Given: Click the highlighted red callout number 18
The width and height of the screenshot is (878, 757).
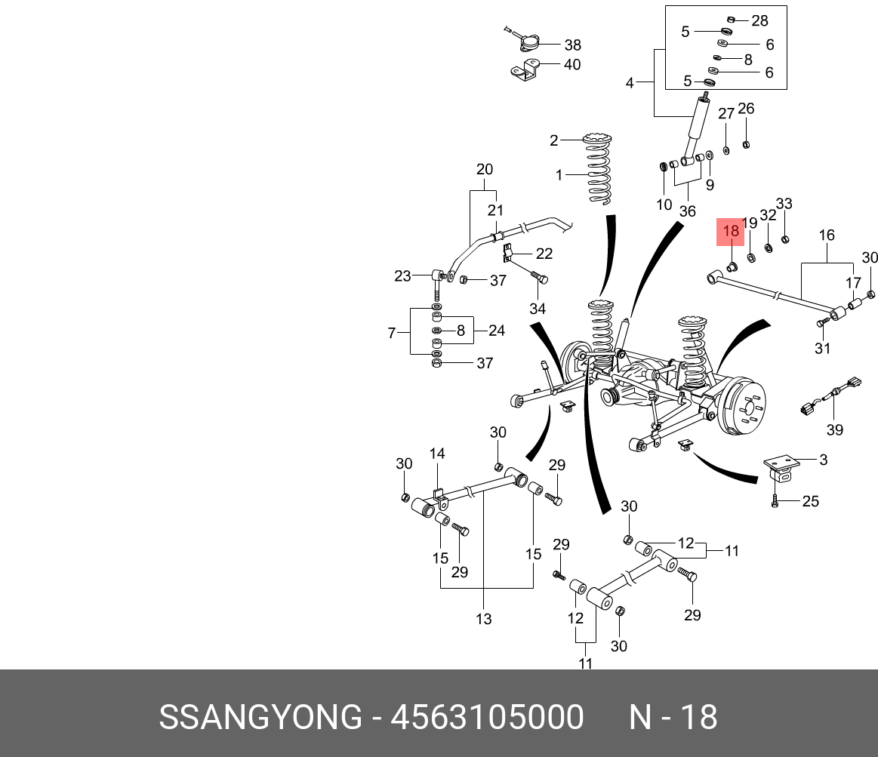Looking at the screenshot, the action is (x=731, y=232).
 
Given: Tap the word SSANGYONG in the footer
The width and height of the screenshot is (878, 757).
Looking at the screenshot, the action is (x=260, y=717).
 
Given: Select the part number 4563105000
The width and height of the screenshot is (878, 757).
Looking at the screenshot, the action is (x=487, y=717).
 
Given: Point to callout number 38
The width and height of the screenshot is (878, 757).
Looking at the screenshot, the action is (x=573, y=45).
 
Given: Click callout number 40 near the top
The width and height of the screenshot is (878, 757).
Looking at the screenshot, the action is (x=572, y=65).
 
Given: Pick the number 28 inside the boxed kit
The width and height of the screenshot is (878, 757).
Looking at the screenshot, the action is (x=759, y=20).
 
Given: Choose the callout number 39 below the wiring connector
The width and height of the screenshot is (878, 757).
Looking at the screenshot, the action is (x=834, y=429).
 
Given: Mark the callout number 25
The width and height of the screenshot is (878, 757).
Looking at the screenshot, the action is (x=810, y=501).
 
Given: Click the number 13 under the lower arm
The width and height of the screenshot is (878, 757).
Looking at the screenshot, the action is (x=483, y=619).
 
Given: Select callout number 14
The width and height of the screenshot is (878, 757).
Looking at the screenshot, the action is (x=437, y=454).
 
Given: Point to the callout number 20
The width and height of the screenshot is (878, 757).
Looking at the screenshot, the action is (x=484, y=169).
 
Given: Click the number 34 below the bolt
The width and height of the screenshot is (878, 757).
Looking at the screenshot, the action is (x=537, y=309).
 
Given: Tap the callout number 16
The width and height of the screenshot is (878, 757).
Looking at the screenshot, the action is (x=827, y=235).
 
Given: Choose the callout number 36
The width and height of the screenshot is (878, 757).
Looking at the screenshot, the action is (x=687, y=211).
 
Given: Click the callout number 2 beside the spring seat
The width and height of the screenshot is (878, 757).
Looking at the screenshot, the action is (x=553, y=140).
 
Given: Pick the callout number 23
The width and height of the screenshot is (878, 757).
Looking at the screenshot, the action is (x=402, y=276).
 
